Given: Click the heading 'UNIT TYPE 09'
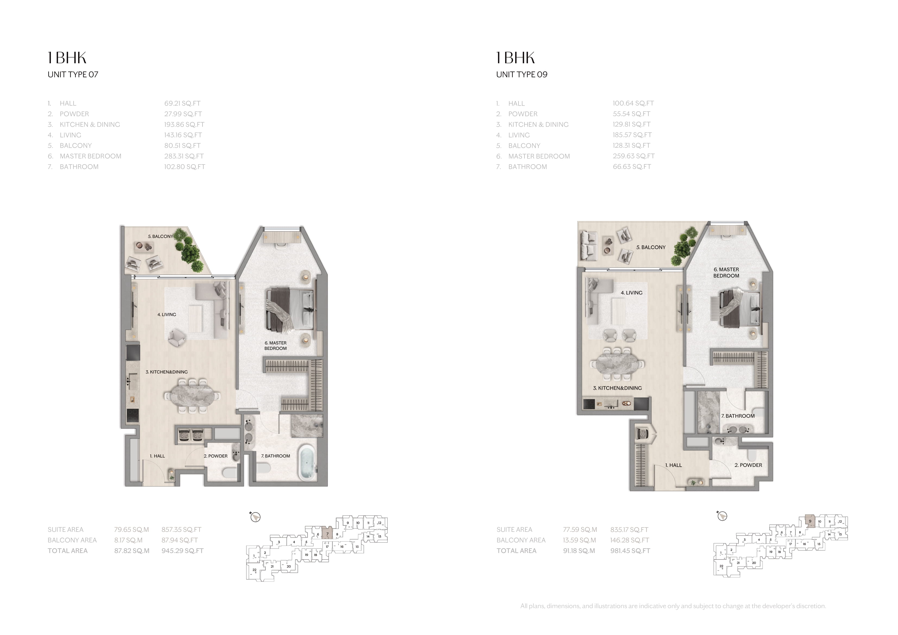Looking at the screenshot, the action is point(522,74).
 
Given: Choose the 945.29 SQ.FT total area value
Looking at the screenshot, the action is point(183,551).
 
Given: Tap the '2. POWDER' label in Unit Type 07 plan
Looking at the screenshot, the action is point(216,456).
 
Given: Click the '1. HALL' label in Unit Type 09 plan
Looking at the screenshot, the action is point(673,465).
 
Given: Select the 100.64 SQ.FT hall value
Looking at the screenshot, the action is point(633,103).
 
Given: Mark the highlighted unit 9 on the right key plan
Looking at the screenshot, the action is point(810,522).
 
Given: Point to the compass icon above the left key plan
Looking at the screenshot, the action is point(255,517).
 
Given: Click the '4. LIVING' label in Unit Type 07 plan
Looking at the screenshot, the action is point(167,315).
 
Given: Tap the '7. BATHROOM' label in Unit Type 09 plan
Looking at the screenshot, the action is point(738,416).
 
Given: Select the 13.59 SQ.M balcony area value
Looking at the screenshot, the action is point(580,540).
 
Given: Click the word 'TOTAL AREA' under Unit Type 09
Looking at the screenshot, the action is point(516,551).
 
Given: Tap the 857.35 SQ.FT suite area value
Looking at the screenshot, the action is point(182,529).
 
